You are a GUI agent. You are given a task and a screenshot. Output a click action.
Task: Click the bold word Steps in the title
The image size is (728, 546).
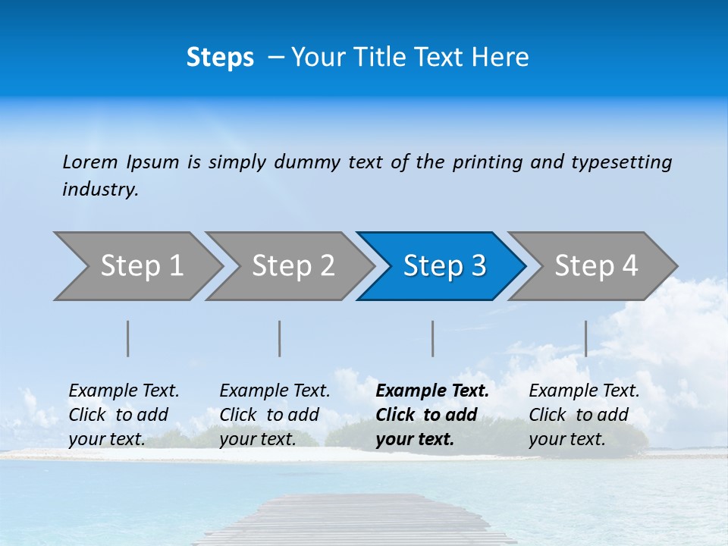click(x=220, y=58)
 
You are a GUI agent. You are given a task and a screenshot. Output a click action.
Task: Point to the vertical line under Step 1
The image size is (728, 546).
click(x=128, y=338)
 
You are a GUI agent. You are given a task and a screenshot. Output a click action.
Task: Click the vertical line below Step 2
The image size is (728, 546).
click(x=280, y=338)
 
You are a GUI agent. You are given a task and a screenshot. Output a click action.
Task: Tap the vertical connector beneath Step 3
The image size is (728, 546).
click(x=433, y=338)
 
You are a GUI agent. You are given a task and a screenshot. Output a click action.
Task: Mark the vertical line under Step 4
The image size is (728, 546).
click(x=586, y=338)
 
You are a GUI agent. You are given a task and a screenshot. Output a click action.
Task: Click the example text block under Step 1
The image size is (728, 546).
click(x=124, y=415)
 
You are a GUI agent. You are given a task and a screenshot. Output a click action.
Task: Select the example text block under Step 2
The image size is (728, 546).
click(x=275, y=415)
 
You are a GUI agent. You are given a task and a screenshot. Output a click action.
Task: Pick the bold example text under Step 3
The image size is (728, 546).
click(x=432, y=415)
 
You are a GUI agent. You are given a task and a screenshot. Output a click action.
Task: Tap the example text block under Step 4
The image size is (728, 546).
click(x=584, y=415)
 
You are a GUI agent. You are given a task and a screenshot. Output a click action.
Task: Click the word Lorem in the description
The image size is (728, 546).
click(x=90, y=162)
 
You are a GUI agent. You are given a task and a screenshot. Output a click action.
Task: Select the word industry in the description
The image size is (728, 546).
click(x=100, y=190)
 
